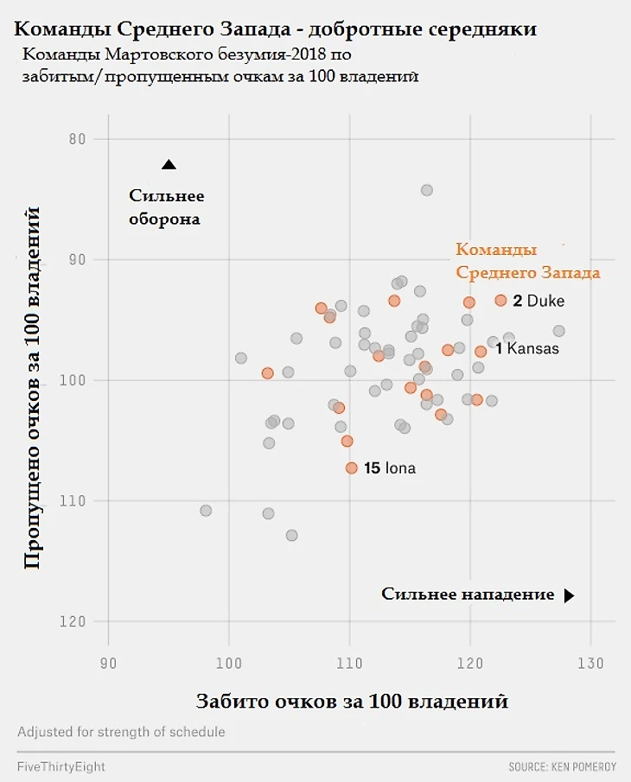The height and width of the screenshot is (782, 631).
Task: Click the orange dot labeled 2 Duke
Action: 500,300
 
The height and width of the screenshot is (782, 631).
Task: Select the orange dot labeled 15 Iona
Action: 351,467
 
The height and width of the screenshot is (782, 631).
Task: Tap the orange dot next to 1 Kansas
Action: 481,351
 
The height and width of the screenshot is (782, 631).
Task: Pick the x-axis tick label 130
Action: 590,663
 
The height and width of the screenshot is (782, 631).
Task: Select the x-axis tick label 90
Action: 108,663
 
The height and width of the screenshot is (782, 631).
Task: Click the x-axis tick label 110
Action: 349,663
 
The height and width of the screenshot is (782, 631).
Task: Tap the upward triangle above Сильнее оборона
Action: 169,164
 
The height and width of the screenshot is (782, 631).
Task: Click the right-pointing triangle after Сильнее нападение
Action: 569,595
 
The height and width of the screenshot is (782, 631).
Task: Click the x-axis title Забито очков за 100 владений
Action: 352,700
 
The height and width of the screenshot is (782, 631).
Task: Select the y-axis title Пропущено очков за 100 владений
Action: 33,386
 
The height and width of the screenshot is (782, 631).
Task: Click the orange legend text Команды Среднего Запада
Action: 527,261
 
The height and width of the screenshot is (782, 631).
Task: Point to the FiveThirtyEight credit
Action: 61,766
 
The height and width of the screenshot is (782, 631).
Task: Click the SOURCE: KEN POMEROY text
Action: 561,766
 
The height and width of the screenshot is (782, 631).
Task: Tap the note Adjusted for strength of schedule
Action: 121,732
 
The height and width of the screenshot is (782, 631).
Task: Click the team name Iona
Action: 400,468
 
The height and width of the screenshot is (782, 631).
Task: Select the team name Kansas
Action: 532,349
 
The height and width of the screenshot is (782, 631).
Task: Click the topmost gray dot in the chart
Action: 426,190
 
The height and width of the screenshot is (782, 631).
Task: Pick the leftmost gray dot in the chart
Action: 206,511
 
